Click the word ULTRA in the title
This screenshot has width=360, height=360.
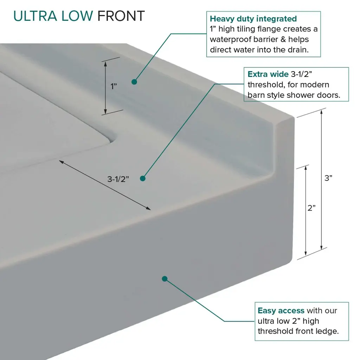pos(35,16)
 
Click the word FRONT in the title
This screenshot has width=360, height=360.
pos(121,16)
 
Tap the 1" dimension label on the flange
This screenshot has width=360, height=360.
pos(114,86)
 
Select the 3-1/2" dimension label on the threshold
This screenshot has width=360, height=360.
pos(118,179)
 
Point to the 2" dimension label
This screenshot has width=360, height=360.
pos(311,208)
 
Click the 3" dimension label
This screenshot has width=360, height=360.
pos(328,178)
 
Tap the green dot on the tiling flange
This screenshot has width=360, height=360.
pos(134,82)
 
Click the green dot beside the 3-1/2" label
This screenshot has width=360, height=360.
pos(143,178)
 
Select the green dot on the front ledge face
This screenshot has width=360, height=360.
pos(165,279)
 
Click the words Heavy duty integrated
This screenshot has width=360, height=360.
pos(253,19)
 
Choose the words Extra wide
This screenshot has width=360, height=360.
pos(268,74)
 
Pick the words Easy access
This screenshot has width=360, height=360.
pos(281,310)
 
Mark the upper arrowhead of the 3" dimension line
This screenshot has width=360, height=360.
pos(321,112)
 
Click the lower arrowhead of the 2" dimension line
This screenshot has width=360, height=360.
pos(306,253)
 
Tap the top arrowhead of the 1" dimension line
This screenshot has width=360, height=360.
pos(105,64)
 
